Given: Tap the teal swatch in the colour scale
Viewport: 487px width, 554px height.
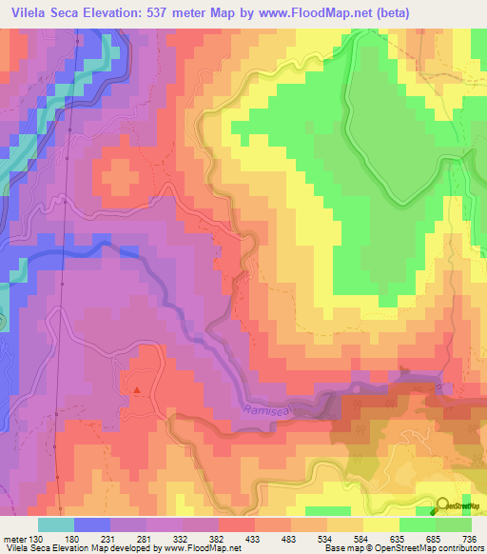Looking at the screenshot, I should coord(56,525).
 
